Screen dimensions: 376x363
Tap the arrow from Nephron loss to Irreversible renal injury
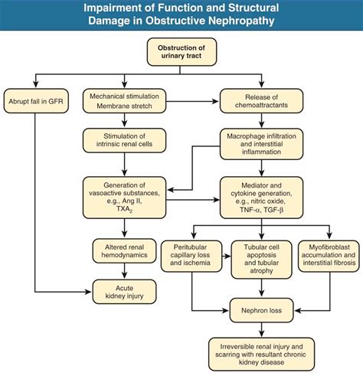262,328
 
